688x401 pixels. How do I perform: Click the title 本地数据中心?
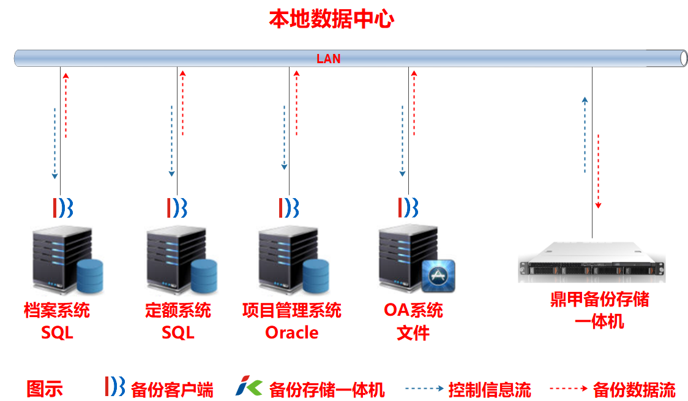331,19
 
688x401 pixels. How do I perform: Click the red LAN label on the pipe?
328,59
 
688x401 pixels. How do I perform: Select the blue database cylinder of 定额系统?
204,275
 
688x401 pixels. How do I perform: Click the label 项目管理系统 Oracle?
292,321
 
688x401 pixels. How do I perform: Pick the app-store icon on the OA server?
439,274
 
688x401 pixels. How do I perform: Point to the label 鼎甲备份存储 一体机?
599,310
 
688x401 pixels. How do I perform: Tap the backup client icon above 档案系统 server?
63,208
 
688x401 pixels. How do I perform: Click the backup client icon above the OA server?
408,208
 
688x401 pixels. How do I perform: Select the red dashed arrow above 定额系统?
182,103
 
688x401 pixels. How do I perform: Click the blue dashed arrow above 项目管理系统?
284,138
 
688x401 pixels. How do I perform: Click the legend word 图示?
45,389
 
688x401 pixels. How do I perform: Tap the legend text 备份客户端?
172,389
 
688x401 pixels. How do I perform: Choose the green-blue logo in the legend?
249,388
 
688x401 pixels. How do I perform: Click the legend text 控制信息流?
490,389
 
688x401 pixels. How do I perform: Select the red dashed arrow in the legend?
568,388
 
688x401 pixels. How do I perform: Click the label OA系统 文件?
413,321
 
